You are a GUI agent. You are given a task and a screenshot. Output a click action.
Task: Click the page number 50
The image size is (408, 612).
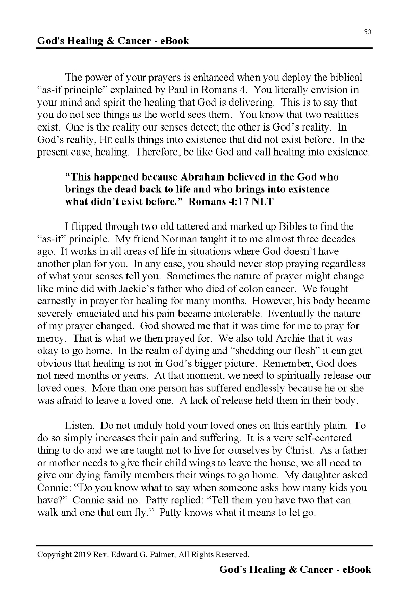(367, 32)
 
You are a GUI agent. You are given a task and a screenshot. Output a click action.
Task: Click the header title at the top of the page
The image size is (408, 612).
(113, 41)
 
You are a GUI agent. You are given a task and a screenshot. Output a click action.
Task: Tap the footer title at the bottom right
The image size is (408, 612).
(295, 569)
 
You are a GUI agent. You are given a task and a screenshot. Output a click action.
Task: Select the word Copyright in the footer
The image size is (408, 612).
(54, 554)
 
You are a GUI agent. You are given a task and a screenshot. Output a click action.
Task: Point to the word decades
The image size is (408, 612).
(339, 238)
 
